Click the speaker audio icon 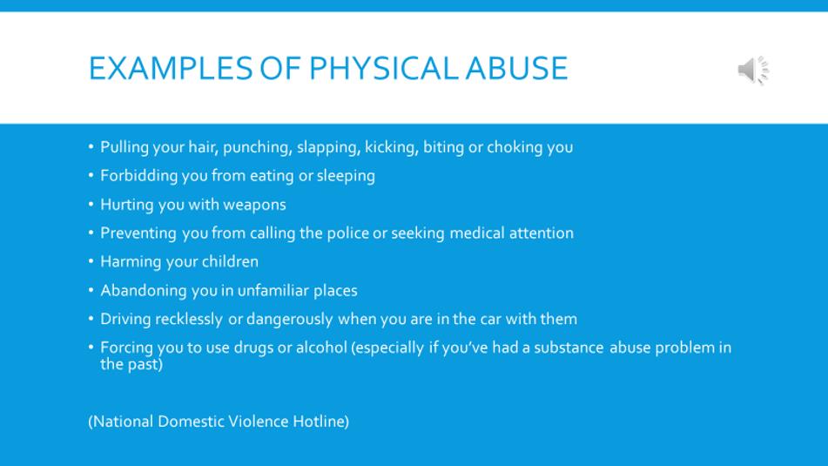pos(753,70)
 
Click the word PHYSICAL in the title pos(384,68)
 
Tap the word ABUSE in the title pos(516,68)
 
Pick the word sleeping pos(346,176)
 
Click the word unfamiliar pos(273,291)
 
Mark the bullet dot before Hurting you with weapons pos(91,204)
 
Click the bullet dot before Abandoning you pos(91,289)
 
